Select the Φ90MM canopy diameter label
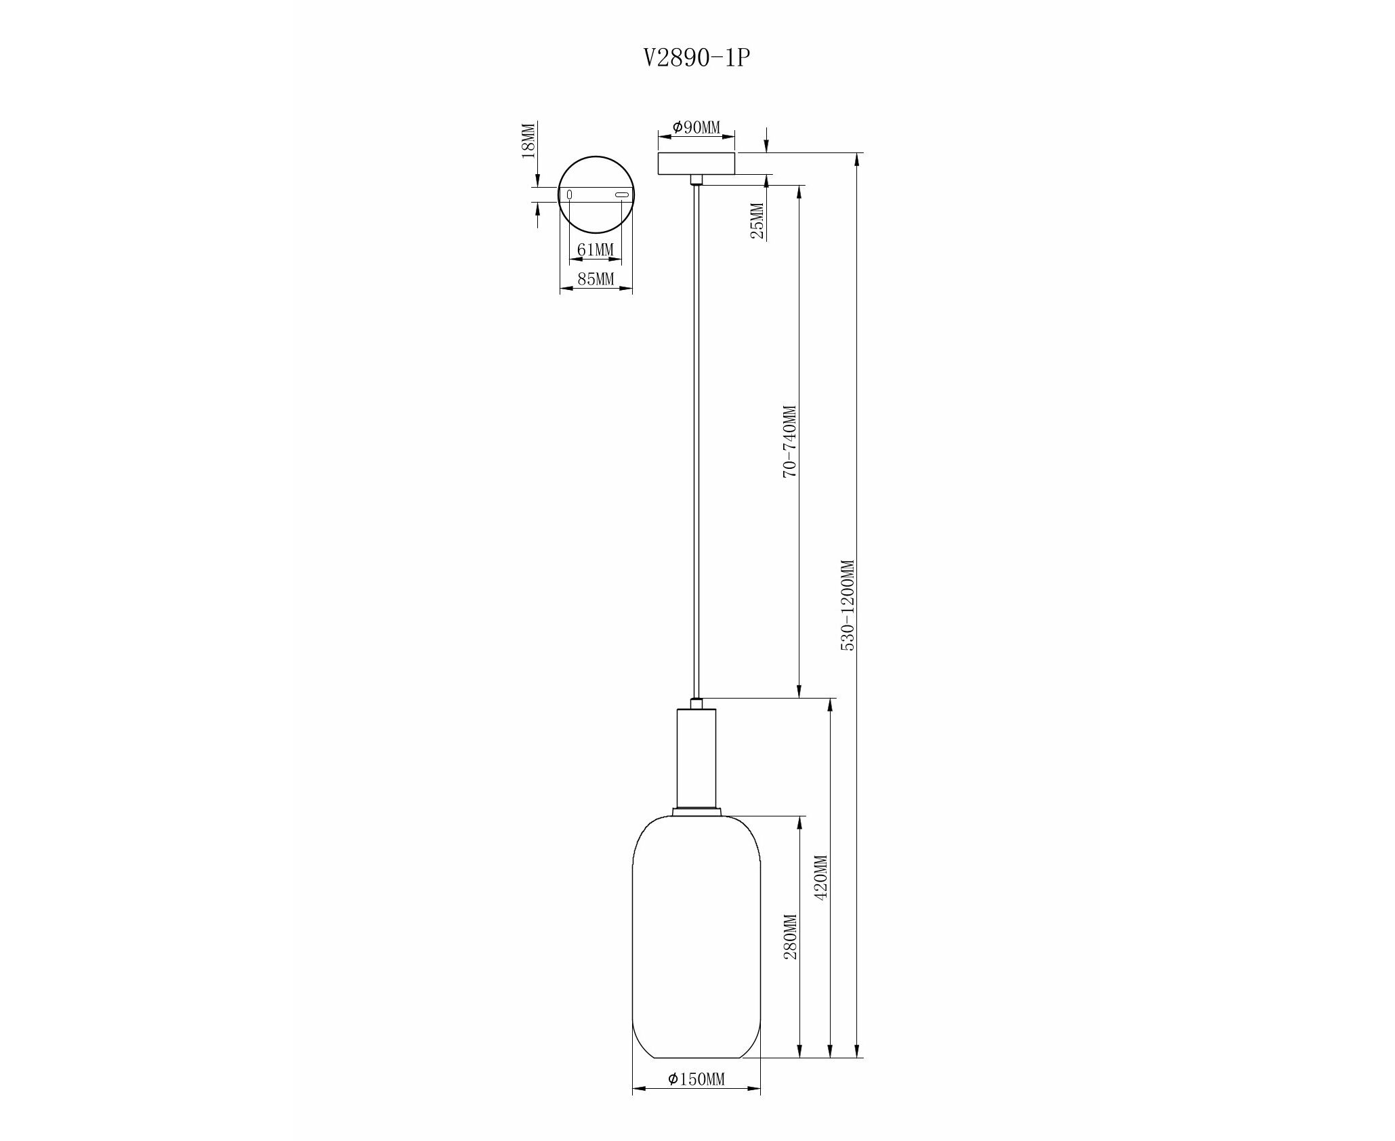[696, 127]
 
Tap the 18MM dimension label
[528, 140]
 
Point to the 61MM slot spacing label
[595, 250]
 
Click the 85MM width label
[596, 278]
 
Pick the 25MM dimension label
[757, 221]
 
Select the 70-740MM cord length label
[789, 442]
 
